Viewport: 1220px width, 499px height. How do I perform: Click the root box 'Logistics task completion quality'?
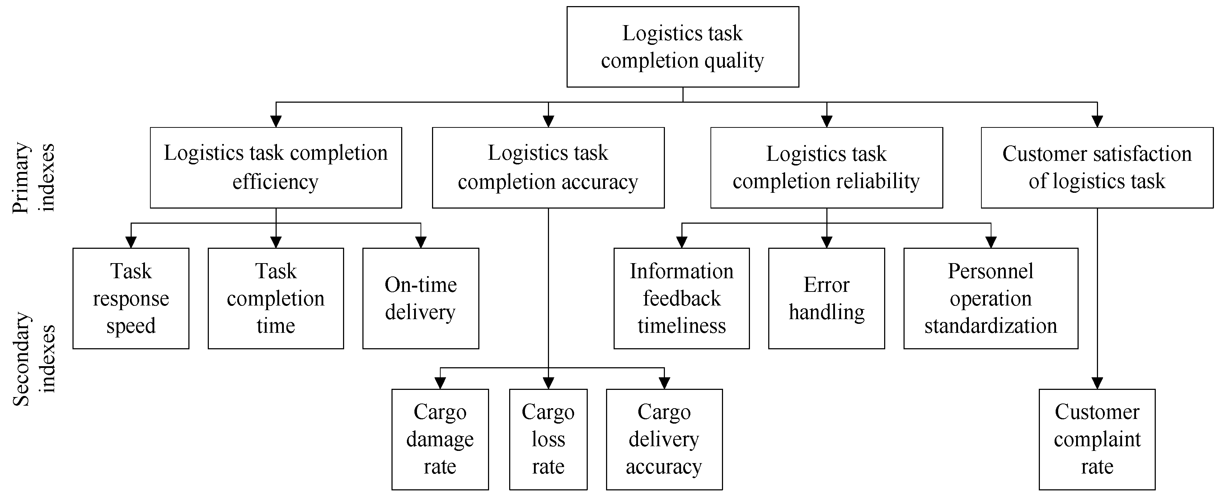pyautogui.click(x=682, y=46)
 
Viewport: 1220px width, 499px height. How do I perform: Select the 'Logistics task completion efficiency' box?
pyautogui.click(x=276, y=167)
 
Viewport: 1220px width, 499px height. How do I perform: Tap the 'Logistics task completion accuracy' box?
pyautogui.click(x=548, y=167)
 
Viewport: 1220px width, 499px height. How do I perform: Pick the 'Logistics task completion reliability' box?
pyautogui.click(x=826, y=167)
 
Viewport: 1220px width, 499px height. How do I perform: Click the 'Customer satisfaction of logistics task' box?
pyautogui.click(x=1097, y=167)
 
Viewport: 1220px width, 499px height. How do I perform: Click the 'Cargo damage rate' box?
pyautogui.click(x=440, y=439)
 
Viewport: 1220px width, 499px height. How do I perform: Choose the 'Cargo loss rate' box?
pyautogui.click(x=548, y=439)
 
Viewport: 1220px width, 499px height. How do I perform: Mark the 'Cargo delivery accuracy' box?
pyautogui.click(x=664, y=439)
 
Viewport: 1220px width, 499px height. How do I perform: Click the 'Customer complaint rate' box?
pyautogui.click(x=1097, y=439)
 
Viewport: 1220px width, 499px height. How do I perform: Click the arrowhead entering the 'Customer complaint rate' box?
pyautogui.click(x=1097, y=383)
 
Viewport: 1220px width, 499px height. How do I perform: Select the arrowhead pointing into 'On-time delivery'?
pyautogui.click(x=421, y=242)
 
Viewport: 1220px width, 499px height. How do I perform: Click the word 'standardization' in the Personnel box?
pyautogui.click(x=991, y=326)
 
